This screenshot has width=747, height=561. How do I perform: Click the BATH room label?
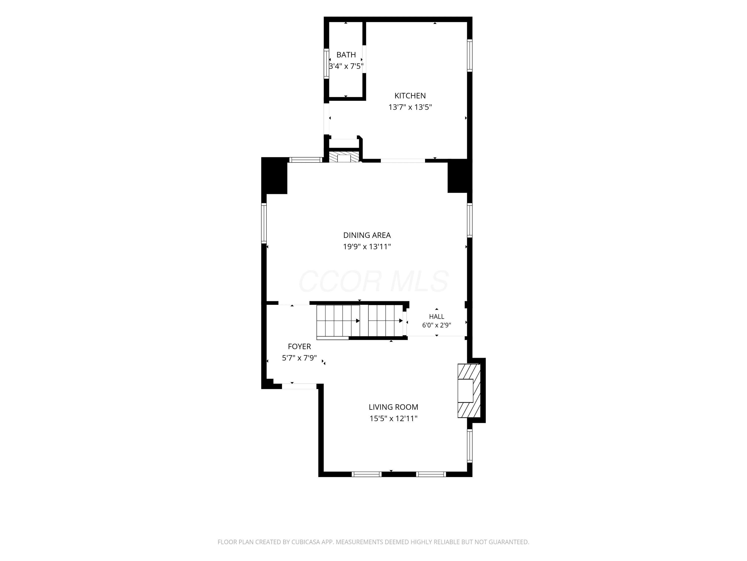coord(346,55)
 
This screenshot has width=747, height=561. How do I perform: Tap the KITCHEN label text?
coord(410,96)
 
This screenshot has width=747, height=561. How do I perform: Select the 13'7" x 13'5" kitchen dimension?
coord(410,107)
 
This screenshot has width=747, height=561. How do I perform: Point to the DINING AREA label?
coord(367,235)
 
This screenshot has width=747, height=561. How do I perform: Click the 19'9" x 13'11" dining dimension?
coord(367,247)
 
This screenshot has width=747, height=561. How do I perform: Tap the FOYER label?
coord(299,347)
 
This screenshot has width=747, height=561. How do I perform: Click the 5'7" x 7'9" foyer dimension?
coord(299,358)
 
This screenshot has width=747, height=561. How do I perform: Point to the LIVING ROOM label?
coord(393,407)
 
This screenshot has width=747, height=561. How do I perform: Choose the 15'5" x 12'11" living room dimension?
coord(393,419)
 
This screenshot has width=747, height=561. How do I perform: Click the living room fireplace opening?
coord(465,390)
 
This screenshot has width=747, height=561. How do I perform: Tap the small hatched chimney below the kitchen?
coord(344,157)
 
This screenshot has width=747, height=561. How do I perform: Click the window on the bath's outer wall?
coord(326,64)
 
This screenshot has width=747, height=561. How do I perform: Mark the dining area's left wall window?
coord(264,223)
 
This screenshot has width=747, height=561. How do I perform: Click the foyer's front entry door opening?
coord(299,386)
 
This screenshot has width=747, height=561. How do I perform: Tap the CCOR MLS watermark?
coord(373,281)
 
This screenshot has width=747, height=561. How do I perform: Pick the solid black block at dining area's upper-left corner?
coord(274,176)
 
